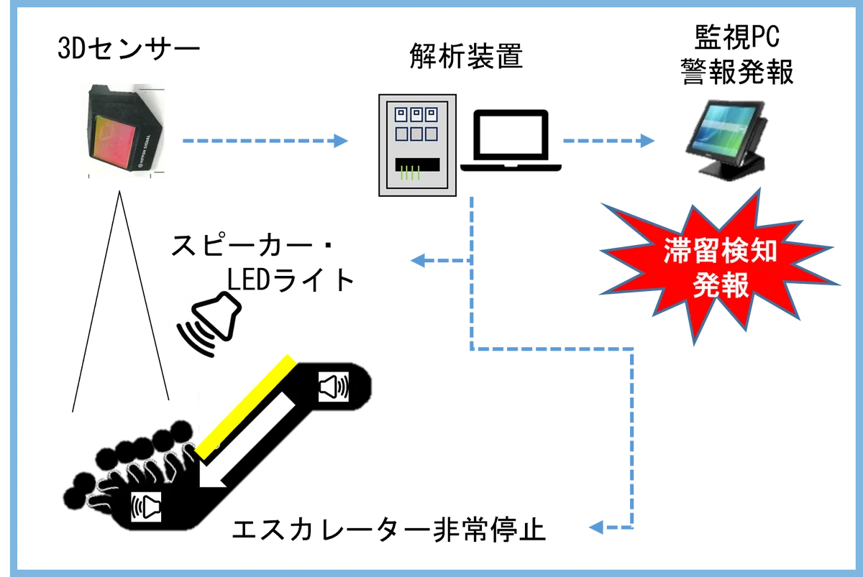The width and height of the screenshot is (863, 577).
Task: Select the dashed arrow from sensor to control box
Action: pos(262,142)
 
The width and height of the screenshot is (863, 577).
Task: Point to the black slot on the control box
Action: pos(417,163)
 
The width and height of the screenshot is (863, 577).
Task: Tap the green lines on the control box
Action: pos(409,173)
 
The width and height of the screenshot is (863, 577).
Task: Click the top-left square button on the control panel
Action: pos(399,114)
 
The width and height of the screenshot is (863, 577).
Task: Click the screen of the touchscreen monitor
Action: pos(726,125)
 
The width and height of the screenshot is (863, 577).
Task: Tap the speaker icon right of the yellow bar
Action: pos(334,387)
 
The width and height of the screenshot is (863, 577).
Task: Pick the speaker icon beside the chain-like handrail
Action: pos(146,507)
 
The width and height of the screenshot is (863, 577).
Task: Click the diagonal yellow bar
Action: pos(245,405)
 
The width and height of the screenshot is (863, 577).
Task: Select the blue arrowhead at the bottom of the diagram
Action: pos(597,529)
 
